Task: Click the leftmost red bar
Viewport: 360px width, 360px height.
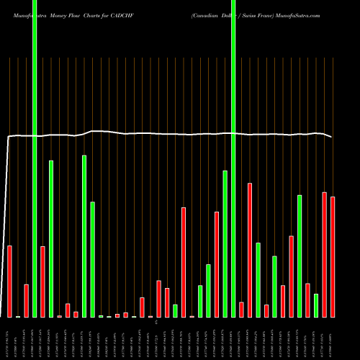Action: (10, 282)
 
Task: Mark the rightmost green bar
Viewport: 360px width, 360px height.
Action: (316, 305)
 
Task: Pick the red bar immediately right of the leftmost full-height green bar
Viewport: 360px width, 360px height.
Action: (43, 282)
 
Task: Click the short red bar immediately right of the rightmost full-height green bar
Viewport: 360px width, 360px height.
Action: (242, 310)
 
